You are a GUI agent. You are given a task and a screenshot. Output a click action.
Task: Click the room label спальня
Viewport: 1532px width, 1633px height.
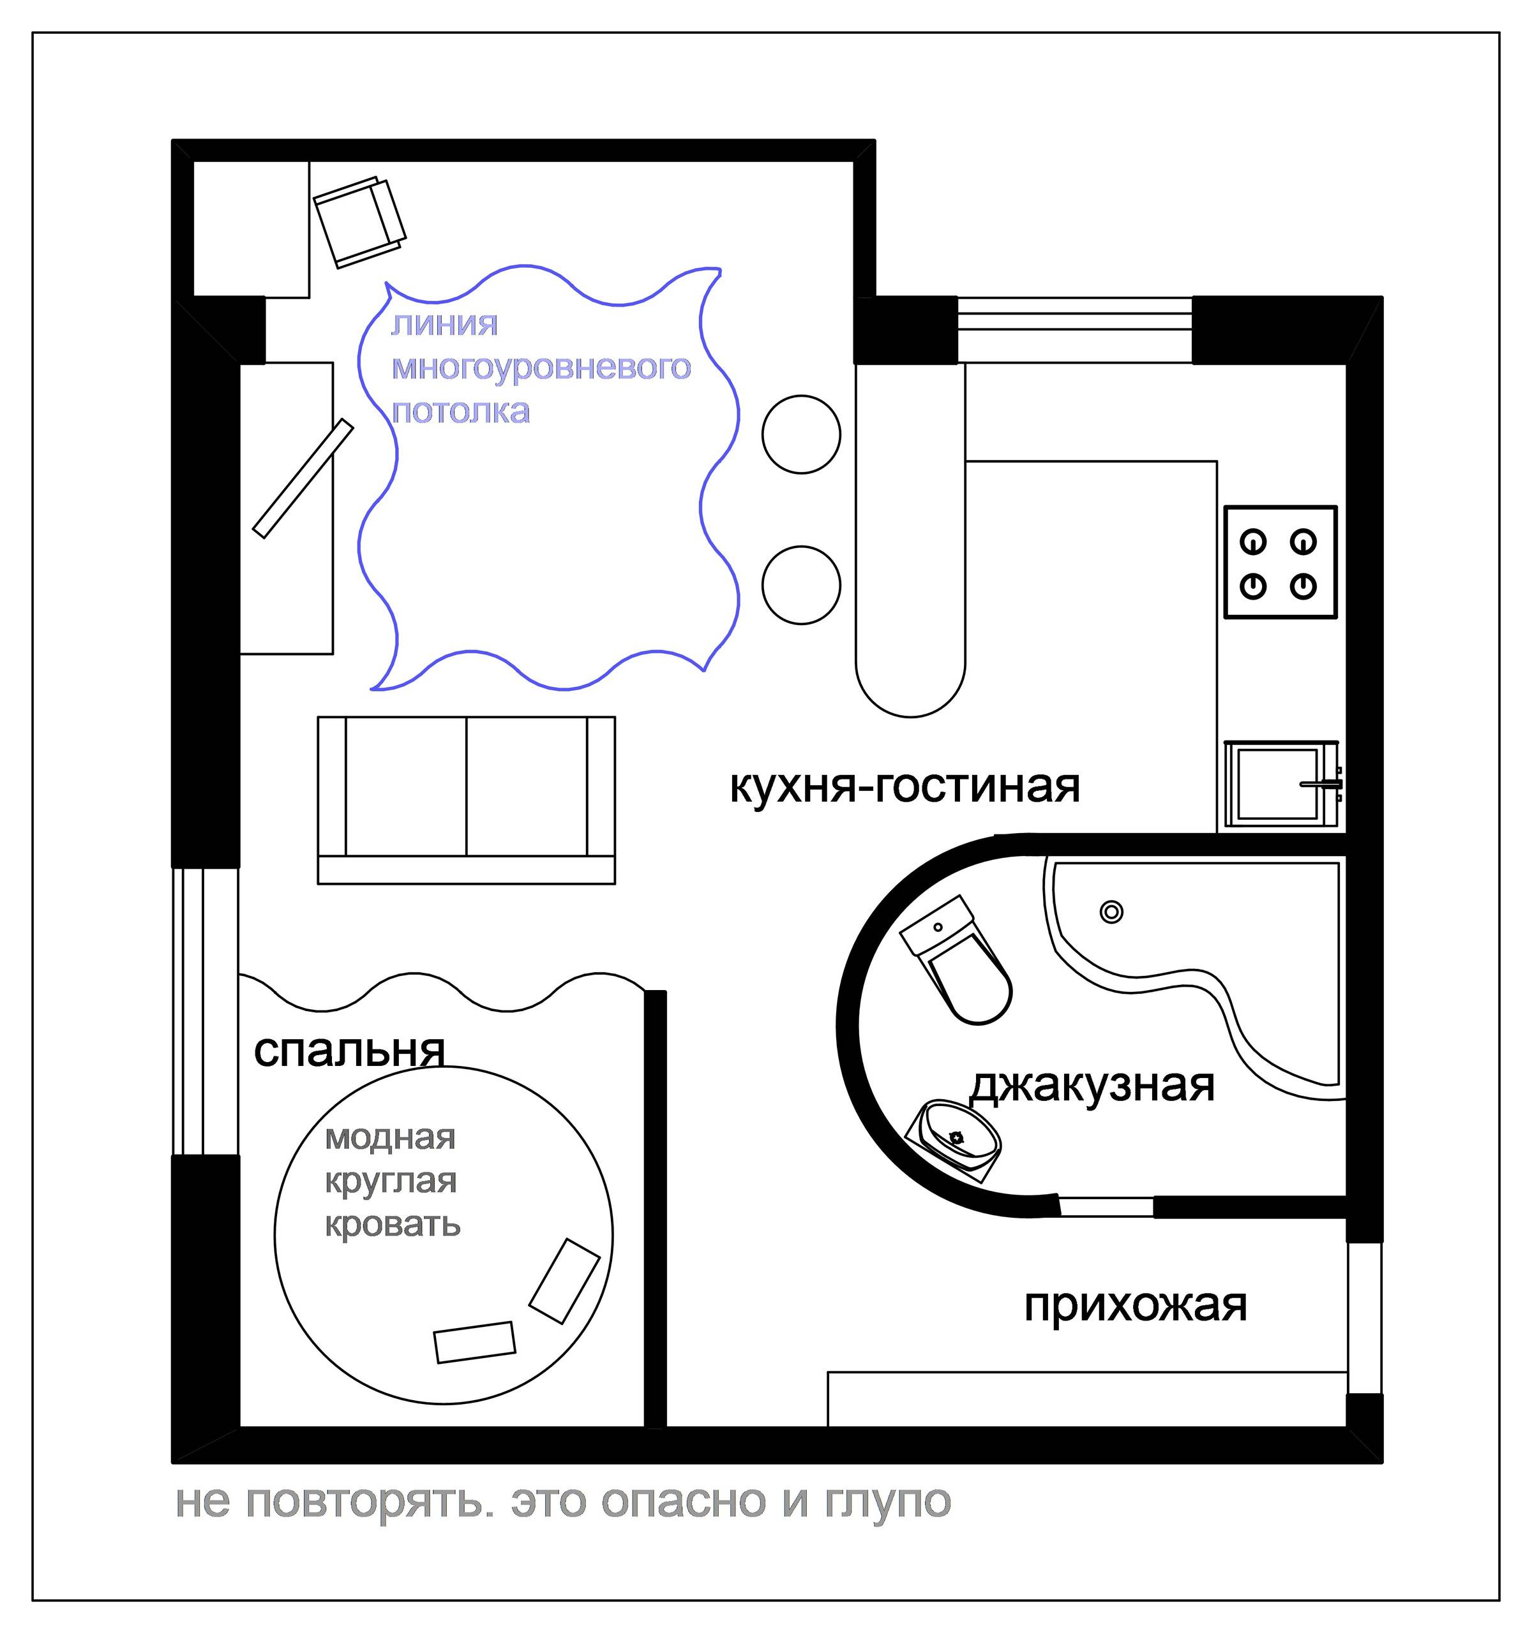tap(349, 1051)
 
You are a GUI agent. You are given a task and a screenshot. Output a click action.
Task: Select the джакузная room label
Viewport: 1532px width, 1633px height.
tap(1092, 1085)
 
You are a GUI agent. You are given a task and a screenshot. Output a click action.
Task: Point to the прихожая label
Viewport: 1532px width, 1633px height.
tap(1135, 1305)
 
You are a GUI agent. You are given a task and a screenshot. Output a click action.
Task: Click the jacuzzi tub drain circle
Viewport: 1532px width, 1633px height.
tap(1111, 912)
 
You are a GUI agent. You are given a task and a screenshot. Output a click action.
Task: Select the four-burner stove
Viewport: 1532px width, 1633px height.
tap(1280, 563)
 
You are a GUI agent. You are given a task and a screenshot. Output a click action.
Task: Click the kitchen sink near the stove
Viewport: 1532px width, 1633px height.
tap(1280, 785)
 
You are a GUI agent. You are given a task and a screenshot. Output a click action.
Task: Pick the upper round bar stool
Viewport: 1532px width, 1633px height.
tap(800, 434)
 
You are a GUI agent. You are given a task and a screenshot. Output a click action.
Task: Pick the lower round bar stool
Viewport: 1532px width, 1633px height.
tap(800, 586)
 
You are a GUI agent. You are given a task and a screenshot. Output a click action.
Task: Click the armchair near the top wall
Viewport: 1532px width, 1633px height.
tap(360, 222)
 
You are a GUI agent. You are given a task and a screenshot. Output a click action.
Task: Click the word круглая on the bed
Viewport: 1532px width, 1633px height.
tap(391, 1181)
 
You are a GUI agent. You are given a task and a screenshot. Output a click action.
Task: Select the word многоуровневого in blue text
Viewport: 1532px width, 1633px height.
tap(541, 367)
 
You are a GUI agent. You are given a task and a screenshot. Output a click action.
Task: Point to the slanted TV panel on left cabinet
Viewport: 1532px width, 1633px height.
tap(303, 479)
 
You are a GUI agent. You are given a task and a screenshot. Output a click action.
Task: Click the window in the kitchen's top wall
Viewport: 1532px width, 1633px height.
tap(1074, 329)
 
